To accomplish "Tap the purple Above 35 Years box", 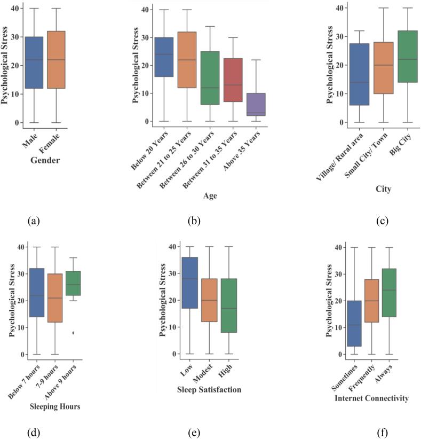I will pos(256,104).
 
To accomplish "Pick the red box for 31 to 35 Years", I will pos(233,80).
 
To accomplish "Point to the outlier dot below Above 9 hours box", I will pos(73,333).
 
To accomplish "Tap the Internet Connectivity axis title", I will pos(372,398).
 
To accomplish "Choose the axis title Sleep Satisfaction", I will pos(209,390).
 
